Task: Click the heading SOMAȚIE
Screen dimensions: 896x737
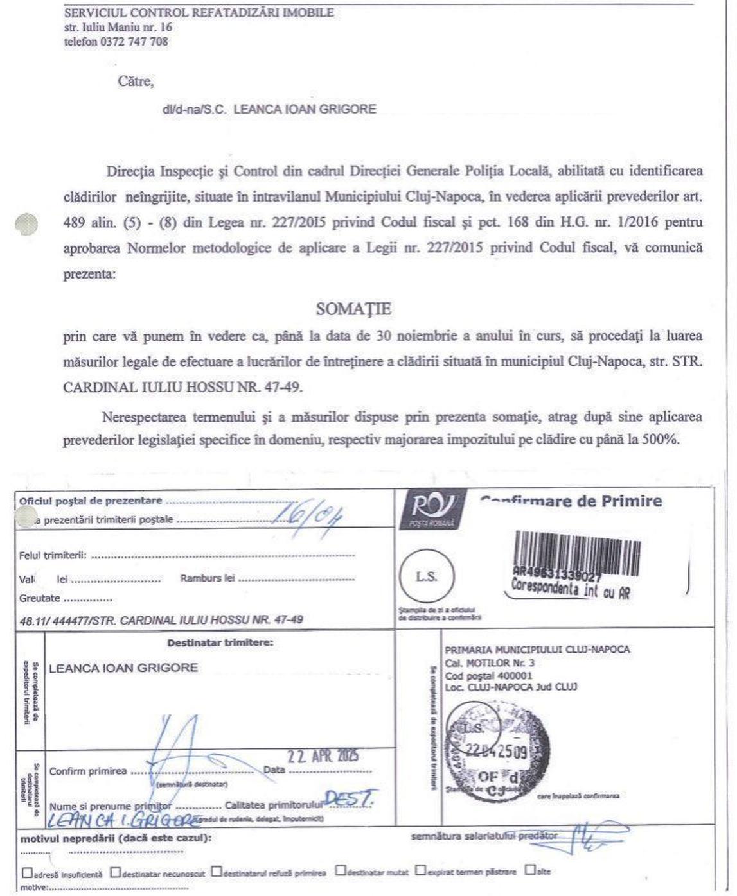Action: [x=353, y=309]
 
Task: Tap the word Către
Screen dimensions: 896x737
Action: [x=136, y=82]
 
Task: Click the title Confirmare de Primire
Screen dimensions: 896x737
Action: [x=571, y=501]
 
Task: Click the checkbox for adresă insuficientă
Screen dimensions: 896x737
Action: [x=27, y=872]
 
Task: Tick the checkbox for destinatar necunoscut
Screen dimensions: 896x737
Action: [x=115, y=872]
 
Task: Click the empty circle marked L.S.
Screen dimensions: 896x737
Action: [x=427, y=576]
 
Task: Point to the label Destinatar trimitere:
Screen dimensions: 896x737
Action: [x=220, y=642]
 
